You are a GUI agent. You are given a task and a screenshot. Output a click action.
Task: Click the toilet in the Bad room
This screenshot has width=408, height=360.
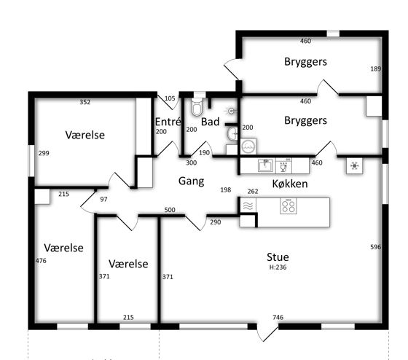(197, 106)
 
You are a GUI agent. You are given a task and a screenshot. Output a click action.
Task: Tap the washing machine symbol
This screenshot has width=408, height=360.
(248, 147)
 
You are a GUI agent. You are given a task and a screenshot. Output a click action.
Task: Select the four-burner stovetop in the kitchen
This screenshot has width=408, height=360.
(289, 206)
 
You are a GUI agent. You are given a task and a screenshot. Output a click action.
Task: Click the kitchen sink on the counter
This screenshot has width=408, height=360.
(265, 165)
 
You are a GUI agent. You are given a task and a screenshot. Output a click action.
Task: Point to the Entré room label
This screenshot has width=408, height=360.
(168, 122)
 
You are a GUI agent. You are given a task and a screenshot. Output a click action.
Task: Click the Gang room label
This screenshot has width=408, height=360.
(191, 181)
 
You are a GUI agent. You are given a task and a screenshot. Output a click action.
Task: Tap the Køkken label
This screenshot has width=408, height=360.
(290, 184)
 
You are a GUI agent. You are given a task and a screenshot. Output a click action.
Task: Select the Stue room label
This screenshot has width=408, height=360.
(278, 257)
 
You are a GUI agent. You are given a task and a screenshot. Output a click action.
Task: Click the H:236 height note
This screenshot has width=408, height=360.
(278, 267)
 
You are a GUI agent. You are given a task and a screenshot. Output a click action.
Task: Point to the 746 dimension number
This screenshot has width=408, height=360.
(278, 317)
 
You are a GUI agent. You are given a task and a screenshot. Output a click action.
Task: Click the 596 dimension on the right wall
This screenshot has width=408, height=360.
(375, 247)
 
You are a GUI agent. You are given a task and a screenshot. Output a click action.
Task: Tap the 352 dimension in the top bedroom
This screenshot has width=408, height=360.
(85, 102)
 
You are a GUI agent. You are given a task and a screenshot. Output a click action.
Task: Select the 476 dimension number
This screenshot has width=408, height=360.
(41, 261)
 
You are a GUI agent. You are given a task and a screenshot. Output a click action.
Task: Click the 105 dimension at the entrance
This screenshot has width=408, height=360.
(170, 98)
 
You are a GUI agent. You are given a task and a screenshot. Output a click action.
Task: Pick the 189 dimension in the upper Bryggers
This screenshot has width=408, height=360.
(375, 69)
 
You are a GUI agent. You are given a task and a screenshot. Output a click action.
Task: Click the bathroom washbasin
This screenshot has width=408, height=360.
(232, 134)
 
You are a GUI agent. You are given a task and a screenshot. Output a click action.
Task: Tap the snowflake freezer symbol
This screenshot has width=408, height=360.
(354, 166)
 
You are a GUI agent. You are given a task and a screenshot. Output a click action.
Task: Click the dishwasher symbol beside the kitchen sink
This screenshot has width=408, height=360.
(283, 166)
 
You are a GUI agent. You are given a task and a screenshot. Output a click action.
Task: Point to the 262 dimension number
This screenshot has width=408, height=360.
(253, 192)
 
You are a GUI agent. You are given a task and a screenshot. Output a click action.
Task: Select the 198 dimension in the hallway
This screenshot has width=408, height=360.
(226, 190)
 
